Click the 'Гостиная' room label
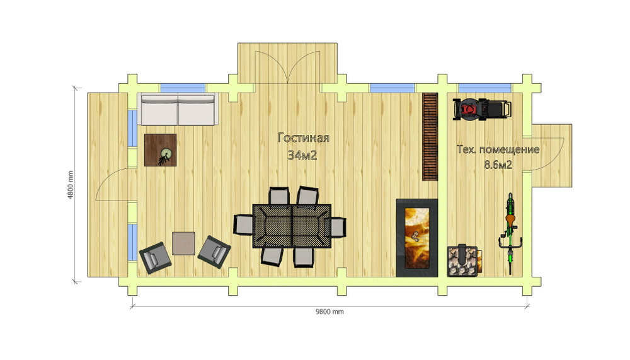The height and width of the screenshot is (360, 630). click(x=304, y=138)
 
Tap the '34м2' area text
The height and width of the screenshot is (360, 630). click(x=302, y=155)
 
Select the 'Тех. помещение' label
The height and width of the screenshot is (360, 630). click(x=498, y=149)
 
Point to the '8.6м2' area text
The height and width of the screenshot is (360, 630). click(x=498, y=165)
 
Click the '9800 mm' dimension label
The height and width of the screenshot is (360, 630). click(x=329, y=311)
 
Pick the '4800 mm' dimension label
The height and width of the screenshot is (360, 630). click(x=71, y=185)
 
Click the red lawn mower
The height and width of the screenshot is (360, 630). click(x=482, y=108)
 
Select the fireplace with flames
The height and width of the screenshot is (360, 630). click(x=416, y=238)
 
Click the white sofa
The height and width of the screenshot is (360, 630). click(x=178, y=109)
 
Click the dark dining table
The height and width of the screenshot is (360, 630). click(x=292, y=226)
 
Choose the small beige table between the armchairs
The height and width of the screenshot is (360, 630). click(x=183, y=243)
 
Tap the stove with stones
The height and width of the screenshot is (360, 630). click(x=463, y=260)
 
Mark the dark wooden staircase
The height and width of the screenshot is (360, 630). click(x=430, y=137)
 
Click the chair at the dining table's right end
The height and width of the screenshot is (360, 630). click(x=338, y=227)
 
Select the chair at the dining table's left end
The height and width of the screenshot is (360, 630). click(x=243, y=224)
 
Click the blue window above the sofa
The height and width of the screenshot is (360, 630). click(x=183, y=88)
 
